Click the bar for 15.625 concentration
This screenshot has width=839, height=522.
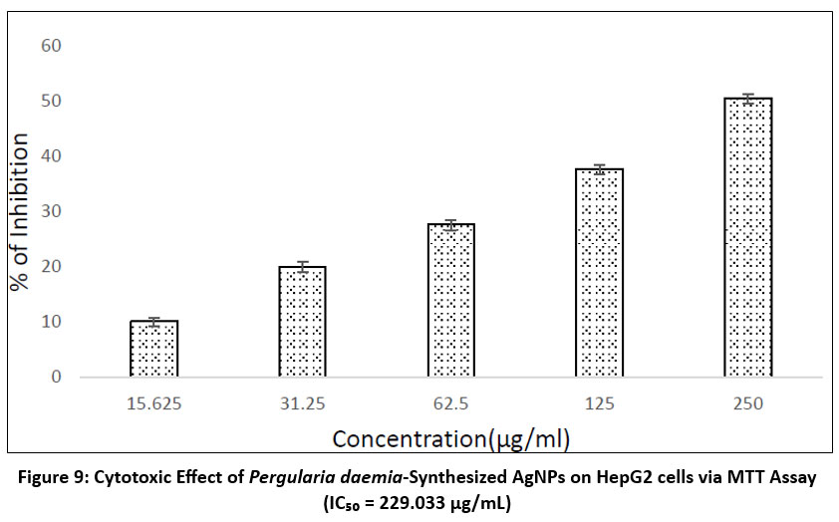coord(153,349)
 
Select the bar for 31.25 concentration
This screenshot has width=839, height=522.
coord(302,322)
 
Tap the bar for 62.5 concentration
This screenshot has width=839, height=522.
coord(450,301)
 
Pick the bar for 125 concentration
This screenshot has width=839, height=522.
coord(599,273)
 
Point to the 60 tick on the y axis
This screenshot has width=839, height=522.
coord(51,46)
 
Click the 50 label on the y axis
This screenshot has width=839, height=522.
coord(51,102)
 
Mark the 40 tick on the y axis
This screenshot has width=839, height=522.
coord(51,156)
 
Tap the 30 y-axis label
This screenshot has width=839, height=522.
coord(51,212)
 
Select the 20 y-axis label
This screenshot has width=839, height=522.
coord(51,267)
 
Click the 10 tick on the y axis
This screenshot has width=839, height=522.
coord(51,322)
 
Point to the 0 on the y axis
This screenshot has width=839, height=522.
coord(56,378)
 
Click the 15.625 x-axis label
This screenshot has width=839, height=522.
coord(153,404)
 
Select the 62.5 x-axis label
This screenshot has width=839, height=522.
coord(450,404)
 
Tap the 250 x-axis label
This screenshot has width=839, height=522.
coord(747,404)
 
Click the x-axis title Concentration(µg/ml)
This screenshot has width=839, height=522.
coord(450,438)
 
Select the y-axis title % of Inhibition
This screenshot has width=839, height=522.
coord(21,210)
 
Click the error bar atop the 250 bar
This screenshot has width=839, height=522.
coord(747,98)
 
